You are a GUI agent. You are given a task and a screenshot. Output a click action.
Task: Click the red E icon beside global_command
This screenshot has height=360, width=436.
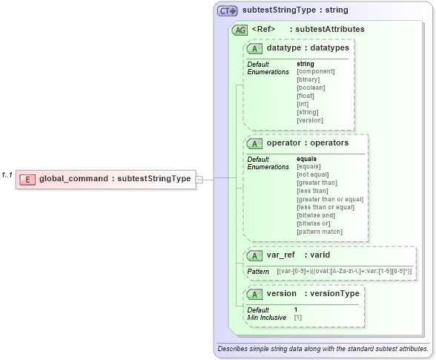[x=27, y=179]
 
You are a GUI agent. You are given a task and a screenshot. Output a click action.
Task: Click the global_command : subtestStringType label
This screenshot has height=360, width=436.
[x=114, y=179]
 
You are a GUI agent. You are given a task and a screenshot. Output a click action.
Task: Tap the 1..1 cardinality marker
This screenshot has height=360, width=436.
[x=7, y=174]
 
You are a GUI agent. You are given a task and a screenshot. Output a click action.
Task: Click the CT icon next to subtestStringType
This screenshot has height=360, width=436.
[x=227, y=11]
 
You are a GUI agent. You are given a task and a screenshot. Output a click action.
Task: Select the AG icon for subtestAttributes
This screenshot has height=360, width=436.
[x=240, y=30]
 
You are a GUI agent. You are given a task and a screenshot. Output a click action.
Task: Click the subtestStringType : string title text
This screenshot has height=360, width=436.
[x=295, y=11]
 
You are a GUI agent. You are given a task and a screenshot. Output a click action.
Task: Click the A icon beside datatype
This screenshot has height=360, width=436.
[x=254, y=48]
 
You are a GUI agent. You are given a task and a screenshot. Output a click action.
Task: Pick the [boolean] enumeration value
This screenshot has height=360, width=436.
[x=311, y=88]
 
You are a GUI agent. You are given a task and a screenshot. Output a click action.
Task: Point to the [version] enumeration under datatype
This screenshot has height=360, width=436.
[x=310, y=120]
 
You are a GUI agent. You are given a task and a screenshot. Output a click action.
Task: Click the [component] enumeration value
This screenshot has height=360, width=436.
[x=315, y=71]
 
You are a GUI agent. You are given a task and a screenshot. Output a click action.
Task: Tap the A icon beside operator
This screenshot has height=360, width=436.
[x=254, y=143]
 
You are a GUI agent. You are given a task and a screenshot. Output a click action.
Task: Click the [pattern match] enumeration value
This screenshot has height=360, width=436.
[x=320, y=232]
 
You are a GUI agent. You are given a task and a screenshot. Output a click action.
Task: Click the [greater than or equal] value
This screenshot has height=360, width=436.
[x=330, y=199]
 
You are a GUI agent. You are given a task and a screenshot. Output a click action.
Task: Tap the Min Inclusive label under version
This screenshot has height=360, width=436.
[x=266, y=317]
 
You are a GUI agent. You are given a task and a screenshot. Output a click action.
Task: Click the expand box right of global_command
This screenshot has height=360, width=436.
[x=199, y=179]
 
